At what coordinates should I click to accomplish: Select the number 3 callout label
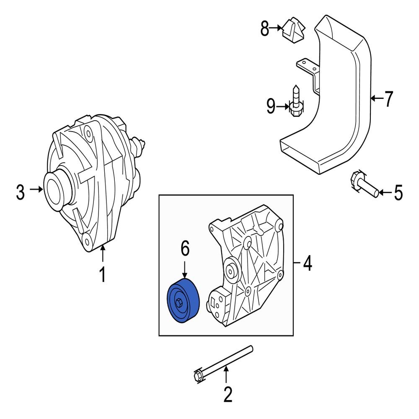(x=20, y=193)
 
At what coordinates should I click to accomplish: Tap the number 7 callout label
(x=389, y=99)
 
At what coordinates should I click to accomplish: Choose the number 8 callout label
(x=265, y=28)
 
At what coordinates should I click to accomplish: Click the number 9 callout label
(x=271, y=107)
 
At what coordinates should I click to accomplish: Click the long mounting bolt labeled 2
(x=224, y=360)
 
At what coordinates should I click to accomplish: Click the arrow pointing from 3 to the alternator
(x=37, y=189)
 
